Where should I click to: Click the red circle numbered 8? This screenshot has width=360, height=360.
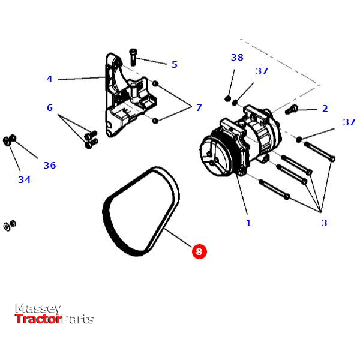(x=199, y=251)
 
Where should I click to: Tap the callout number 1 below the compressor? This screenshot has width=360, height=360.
(x=248, y=223)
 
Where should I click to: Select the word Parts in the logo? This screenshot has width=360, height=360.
(x=78, y=319)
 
